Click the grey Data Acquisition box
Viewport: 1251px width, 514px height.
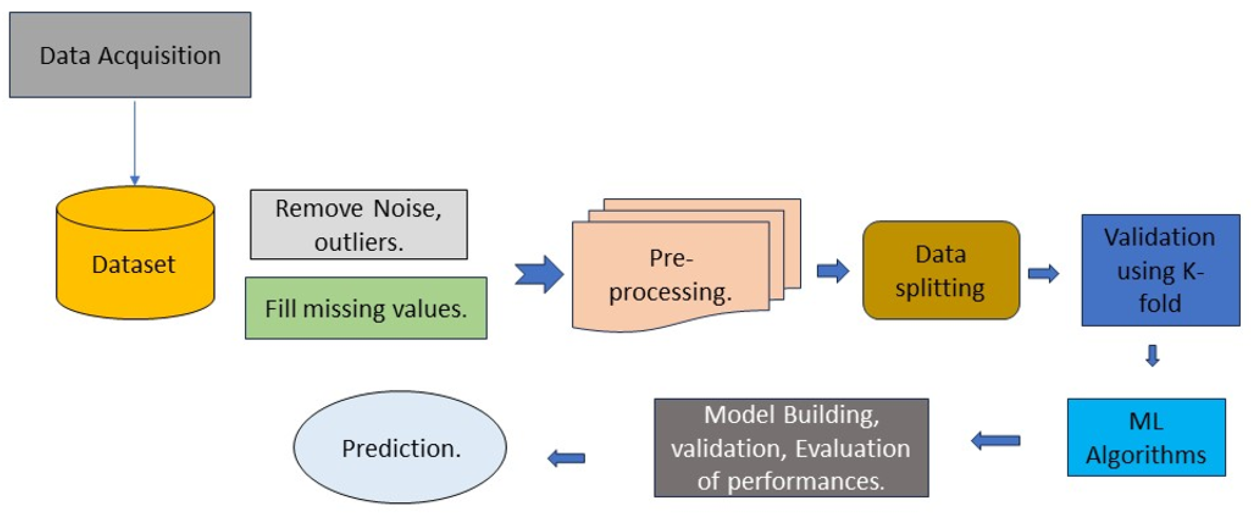tap(130, 55)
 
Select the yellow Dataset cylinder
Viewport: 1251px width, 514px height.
tap(135, 253)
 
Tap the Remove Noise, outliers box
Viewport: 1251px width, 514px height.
tap(359, 225)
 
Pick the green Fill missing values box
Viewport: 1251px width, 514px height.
tap(366, 308)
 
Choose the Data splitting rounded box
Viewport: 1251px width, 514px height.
tap(941, 270)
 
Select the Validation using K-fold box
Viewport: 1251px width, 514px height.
tap(1161, 270)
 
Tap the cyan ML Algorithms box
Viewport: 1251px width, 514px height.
tap(1146, 437)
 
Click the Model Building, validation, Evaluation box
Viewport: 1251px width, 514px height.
tap(792, 448)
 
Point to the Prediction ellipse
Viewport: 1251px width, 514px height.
tap(400, 447)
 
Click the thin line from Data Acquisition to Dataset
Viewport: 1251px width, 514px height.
tap(135, 142)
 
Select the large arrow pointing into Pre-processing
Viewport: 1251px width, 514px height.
tap(539, 274)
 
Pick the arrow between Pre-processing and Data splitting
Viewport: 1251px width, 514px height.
tap(833, 271)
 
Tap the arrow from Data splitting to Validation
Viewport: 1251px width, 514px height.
tap(1043, 273)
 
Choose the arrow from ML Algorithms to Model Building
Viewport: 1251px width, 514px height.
tap(996, 441)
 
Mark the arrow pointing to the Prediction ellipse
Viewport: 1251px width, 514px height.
tap(566, 458)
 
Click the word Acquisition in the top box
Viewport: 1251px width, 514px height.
tap(159, 56)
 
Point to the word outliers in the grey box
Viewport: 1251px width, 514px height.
tap(359, 242)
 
